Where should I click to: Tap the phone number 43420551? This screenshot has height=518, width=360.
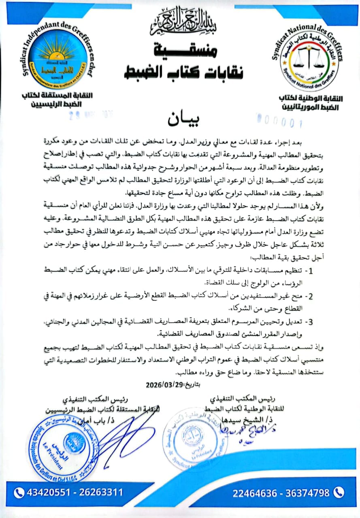(x=45, y=493)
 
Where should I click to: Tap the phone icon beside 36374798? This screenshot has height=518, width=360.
(x=339, y=493)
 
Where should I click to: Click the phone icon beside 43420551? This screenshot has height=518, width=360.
(x=19, y=493)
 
